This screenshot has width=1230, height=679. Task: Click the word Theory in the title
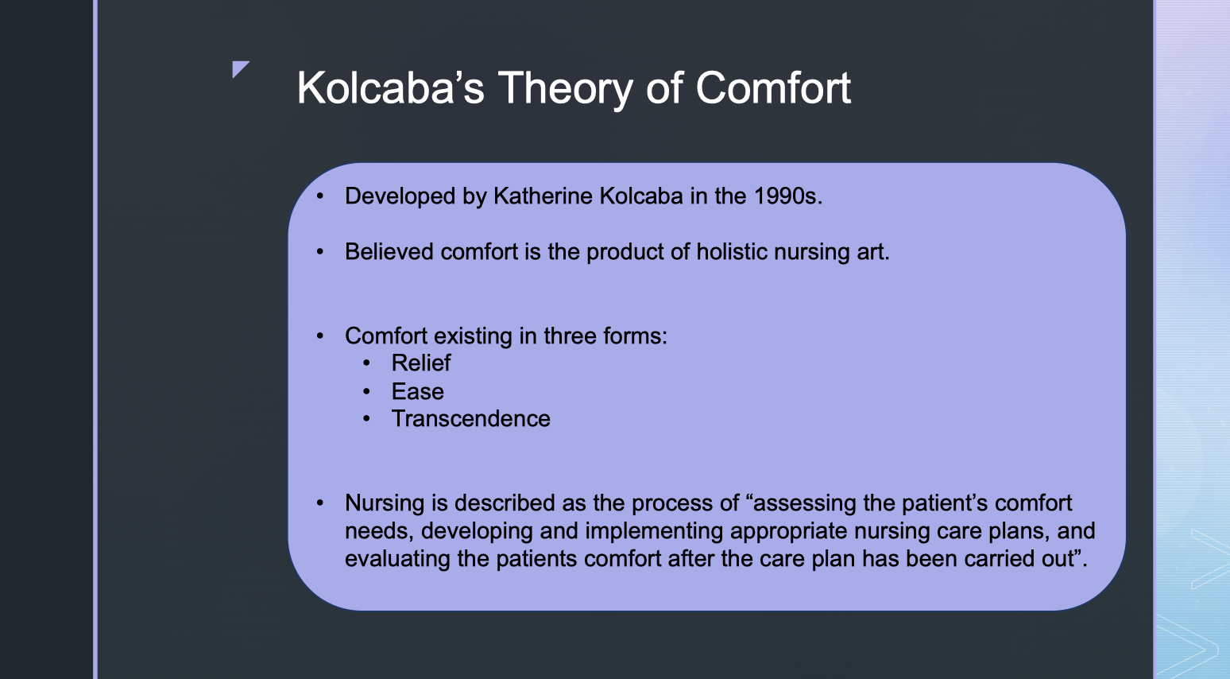(566, 90)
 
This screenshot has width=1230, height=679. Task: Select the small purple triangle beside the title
(241, 69)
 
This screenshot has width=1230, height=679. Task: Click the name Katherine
(543, 196)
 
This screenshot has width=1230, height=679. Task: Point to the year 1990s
(788, 196)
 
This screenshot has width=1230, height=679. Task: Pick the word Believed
(389, 251)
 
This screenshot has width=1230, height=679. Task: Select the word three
(570, 336)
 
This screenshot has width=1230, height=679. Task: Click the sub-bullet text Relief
(421, 363)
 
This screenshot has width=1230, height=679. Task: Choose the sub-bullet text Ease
(417, 392)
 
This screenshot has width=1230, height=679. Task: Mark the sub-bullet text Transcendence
(470, 419)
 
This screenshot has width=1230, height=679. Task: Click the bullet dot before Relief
(367, 363)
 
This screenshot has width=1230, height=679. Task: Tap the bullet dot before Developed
(320, 196)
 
